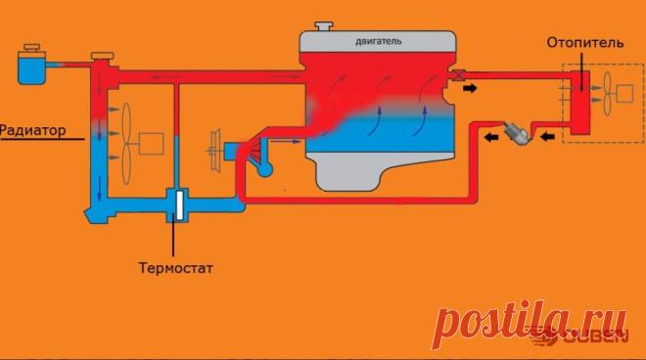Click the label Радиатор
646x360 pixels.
[x=33, y=130]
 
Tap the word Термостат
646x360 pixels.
[x=176, y=268]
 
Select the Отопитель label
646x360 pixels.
[x=585, y=42]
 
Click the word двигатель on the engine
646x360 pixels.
[x=378, y=42]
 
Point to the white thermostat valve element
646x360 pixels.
[x=180, y=204]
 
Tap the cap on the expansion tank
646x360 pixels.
[x=31, y=47]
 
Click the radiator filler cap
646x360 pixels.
[x=102, y=56]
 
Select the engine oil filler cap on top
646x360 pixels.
[x=324, y=26]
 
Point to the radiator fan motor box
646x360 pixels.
[x=151, y=144]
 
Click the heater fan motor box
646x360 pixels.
[x=624, y=94]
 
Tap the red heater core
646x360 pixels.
[x=580, y=102]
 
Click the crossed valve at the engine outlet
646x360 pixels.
[x=458, y=75]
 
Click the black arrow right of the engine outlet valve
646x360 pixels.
[x=470, y=88]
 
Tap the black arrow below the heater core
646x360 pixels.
[x=547, y=136]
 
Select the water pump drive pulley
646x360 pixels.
[x=214, y=150]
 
